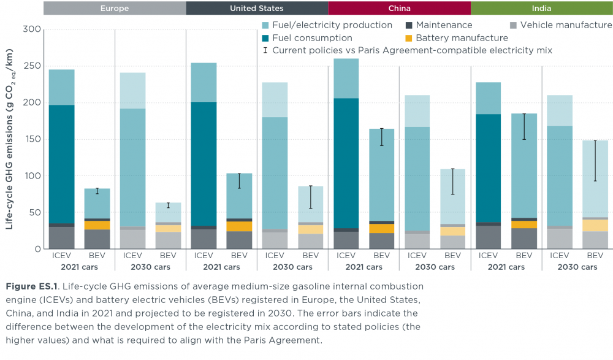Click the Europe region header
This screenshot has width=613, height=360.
point(115,8)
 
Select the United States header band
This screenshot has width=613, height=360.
point(257,8)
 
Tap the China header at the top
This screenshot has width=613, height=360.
point(399,8)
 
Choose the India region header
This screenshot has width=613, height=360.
point(541,8)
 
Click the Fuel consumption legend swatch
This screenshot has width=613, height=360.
point(264,38)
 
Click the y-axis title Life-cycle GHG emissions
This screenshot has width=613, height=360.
point(10,139)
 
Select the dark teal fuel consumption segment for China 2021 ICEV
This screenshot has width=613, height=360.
point(346,163)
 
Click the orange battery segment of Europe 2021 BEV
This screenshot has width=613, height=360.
point(97,225)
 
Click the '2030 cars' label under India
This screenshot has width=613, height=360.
point(577,267)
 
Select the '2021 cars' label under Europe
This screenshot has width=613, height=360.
point(79,267)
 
